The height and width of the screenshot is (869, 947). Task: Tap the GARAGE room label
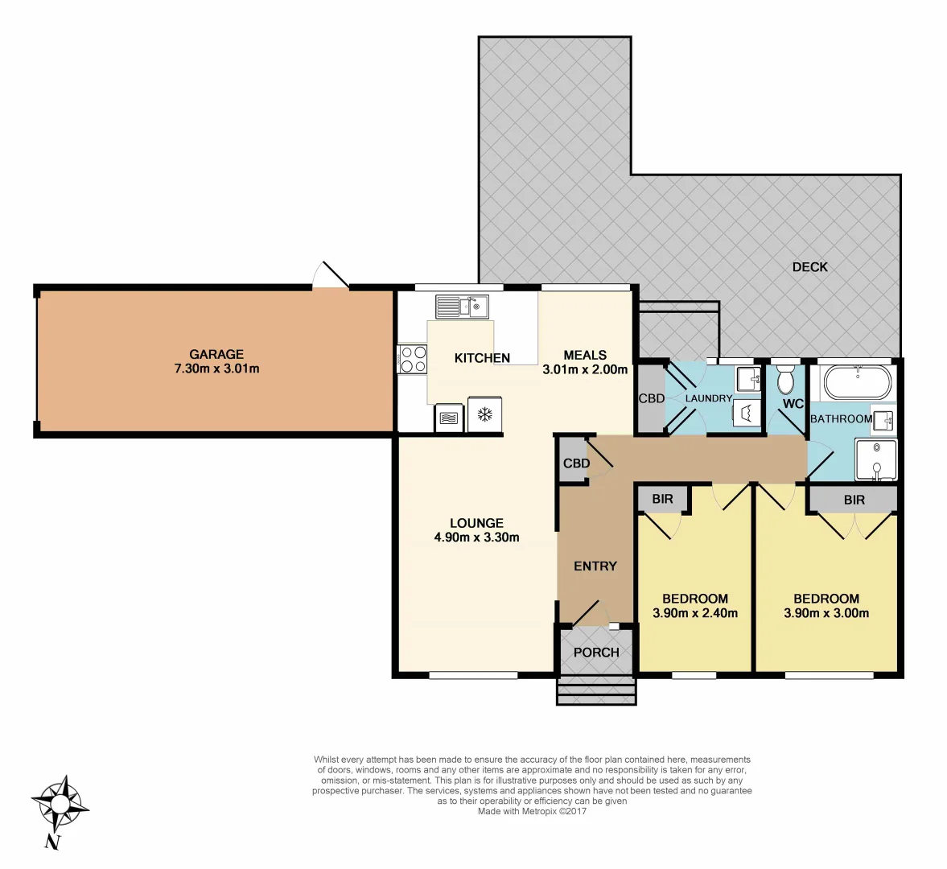coord(216,354)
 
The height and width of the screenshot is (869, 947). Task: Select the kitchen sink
coord(462,307)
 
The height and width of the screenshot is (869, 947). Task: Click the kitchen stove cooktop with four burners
coord(413,359)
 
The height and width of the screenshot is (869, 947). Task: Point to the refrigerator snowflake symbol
coord(485,415)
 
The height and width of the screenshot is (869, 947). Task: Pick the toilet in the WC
coord(786,380)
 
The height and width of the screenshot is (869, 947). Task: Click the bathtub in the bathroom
coord(858,382)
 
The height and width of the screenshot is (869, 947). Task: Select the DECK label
coord(809,267)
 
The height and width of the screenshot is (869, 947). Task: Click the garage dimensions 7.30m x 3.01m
coord(216,369)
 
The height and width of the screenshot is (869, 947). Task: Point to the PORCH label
coord(596,653)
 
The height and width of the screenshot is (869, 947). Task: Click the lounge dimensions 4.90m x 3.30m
coord(476,537)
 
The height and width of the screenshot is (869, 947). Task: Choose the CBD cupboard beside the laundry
coord(651,398)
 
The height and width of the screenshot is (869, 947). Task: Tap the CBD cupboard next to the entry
coord(575,463)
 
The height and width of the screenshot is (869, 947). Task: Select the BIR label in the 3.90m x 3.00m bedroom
coord(854,500)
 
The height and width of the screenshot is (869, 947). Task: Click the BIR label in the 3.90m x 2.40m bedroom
coord(662,499)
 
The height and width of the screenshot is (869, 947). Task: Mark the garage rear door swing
coord(331,275)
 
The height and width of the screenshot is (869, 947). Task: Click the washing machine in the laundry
coord(746,414)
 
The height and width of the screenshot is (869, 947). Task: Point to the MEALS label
coord(585,355)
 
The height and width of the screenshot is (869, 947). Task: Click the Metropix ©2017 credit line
coord(532,811)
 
